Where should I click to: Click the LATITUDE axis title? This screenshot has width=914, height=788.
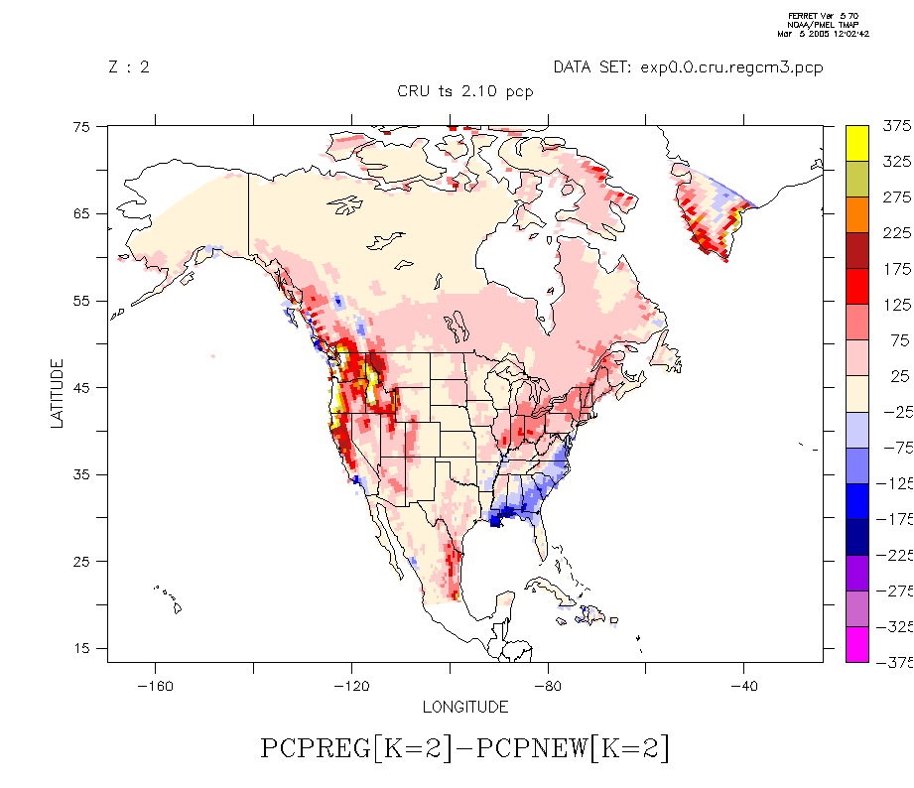[x=57, y=394]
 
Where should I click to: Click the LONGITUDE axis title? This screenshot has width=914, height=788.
[x=465, y=708]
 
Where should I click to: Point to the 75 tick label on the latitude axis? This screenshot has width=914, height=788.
[x=80, y=127]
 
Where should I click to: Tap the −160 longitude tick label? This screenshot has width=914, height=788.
[x=154, y=687]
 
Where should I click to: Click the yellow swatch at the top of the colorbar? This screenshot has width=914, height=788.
[x=857, y=142]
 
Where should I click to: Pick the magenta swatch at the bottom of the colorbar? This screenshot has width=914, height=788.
[x=857, y=644]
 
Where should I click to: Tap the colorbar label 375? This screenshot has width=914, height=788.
[x=896, y=126]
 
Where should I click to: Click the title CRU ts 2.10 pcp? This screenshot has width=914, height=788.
[x=464, y=91]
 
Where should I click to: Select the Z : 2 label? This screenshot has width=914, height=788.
[x=128, y=67]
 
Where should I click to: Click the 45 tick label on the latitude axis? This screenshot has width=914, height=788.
[x=80, y=388]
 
